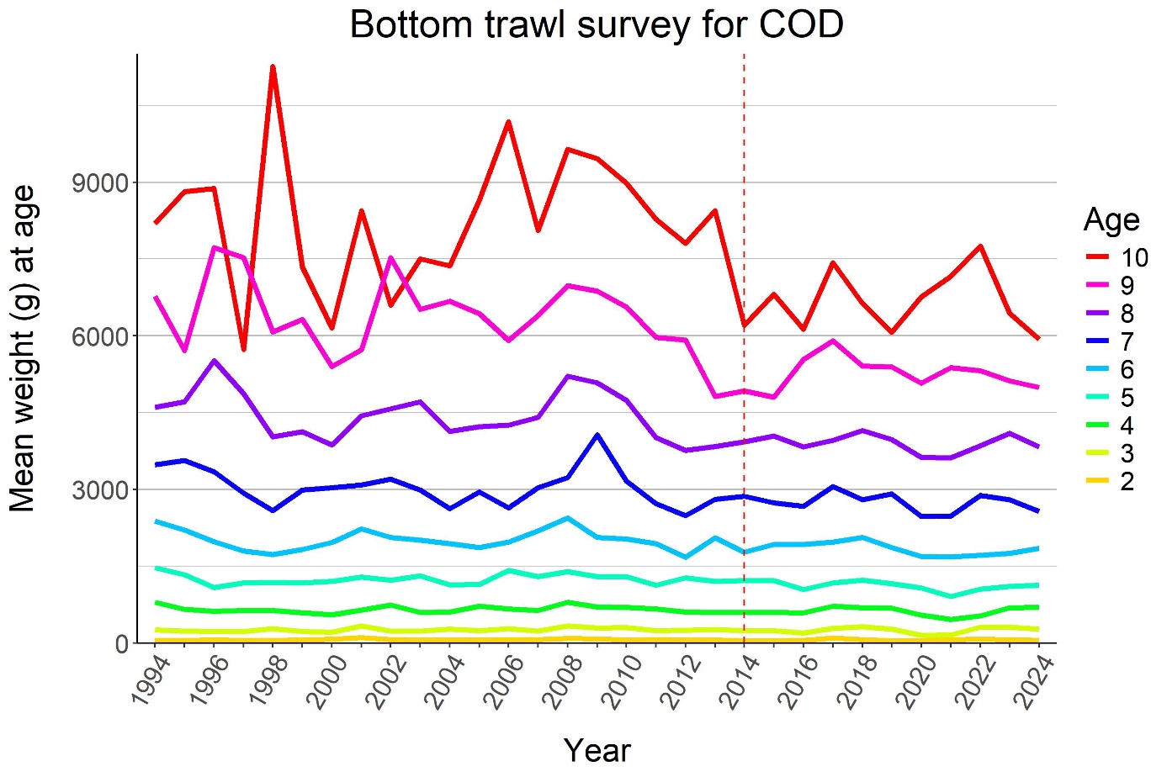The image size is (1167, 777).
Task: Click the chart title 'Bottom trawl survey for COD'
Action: [x=596, y=24]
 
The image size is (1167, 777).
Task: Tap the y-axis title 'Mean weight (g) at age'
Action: [x=24, y=348]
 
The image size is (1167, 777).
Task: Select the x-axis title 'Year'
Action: [x=597, y=750]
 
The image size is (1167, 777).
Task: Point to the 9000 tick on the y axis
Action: [x=100, y=182]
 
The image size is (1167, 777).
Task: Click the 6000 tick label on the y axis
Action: [x=100, y=336]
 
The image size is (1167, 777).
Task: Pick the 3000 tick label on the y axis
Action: [x=100, y=490]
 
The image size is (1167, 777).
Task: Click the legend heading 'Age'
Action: [x=1111, y=219]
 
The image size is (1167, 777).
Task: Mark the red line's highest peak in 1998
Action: [x=273, y=66]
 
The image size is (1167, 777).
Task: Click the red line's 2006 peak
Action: [x=508, y=122]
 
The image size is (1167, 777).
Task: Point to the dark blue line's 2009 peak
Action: [x=597, y=435]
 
